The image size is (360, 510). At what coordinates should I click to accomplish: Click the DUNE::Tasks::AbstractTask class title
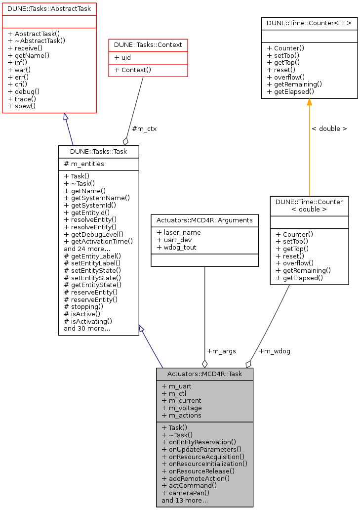[x=49, y=8]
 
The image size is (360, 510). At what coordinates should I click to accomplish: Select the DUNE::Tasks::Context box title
[x=148, y=45]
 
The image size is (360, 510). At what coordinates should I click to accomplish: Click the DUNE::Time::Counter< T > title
[x=309, y=23]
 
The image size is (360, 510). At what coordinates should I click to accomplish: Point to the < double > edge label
[x=329, y=128]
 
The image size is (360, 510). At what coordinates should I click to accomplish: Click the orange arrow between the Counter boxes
[x=309, y=148]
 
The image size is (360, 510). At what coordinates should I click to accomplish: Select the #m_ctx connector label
[x=144, y=128]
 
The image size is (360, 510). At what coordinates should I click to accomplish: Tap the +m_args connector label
[x=221, y=351]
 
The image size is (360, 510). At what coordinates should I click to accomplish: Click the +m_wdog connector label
[x=275, y=351]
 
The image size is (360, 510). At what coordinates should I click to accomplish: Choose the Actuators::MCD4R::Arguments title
[x=204, y=220]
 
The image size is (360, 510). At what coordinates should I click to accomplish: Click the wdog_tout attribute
[x=178, y=247]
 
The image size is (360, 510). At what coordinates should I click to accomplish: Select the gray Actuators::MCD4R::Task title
[x=204, y=374]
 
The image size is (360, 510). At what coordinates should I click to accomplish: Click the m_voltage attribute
[x=182, y=408]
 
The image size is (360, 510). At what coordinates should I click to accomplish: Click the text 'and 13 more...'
[x=185, y=500]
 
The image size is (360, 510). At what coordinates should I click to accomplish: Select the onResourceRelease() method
[x=198, y=471]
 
